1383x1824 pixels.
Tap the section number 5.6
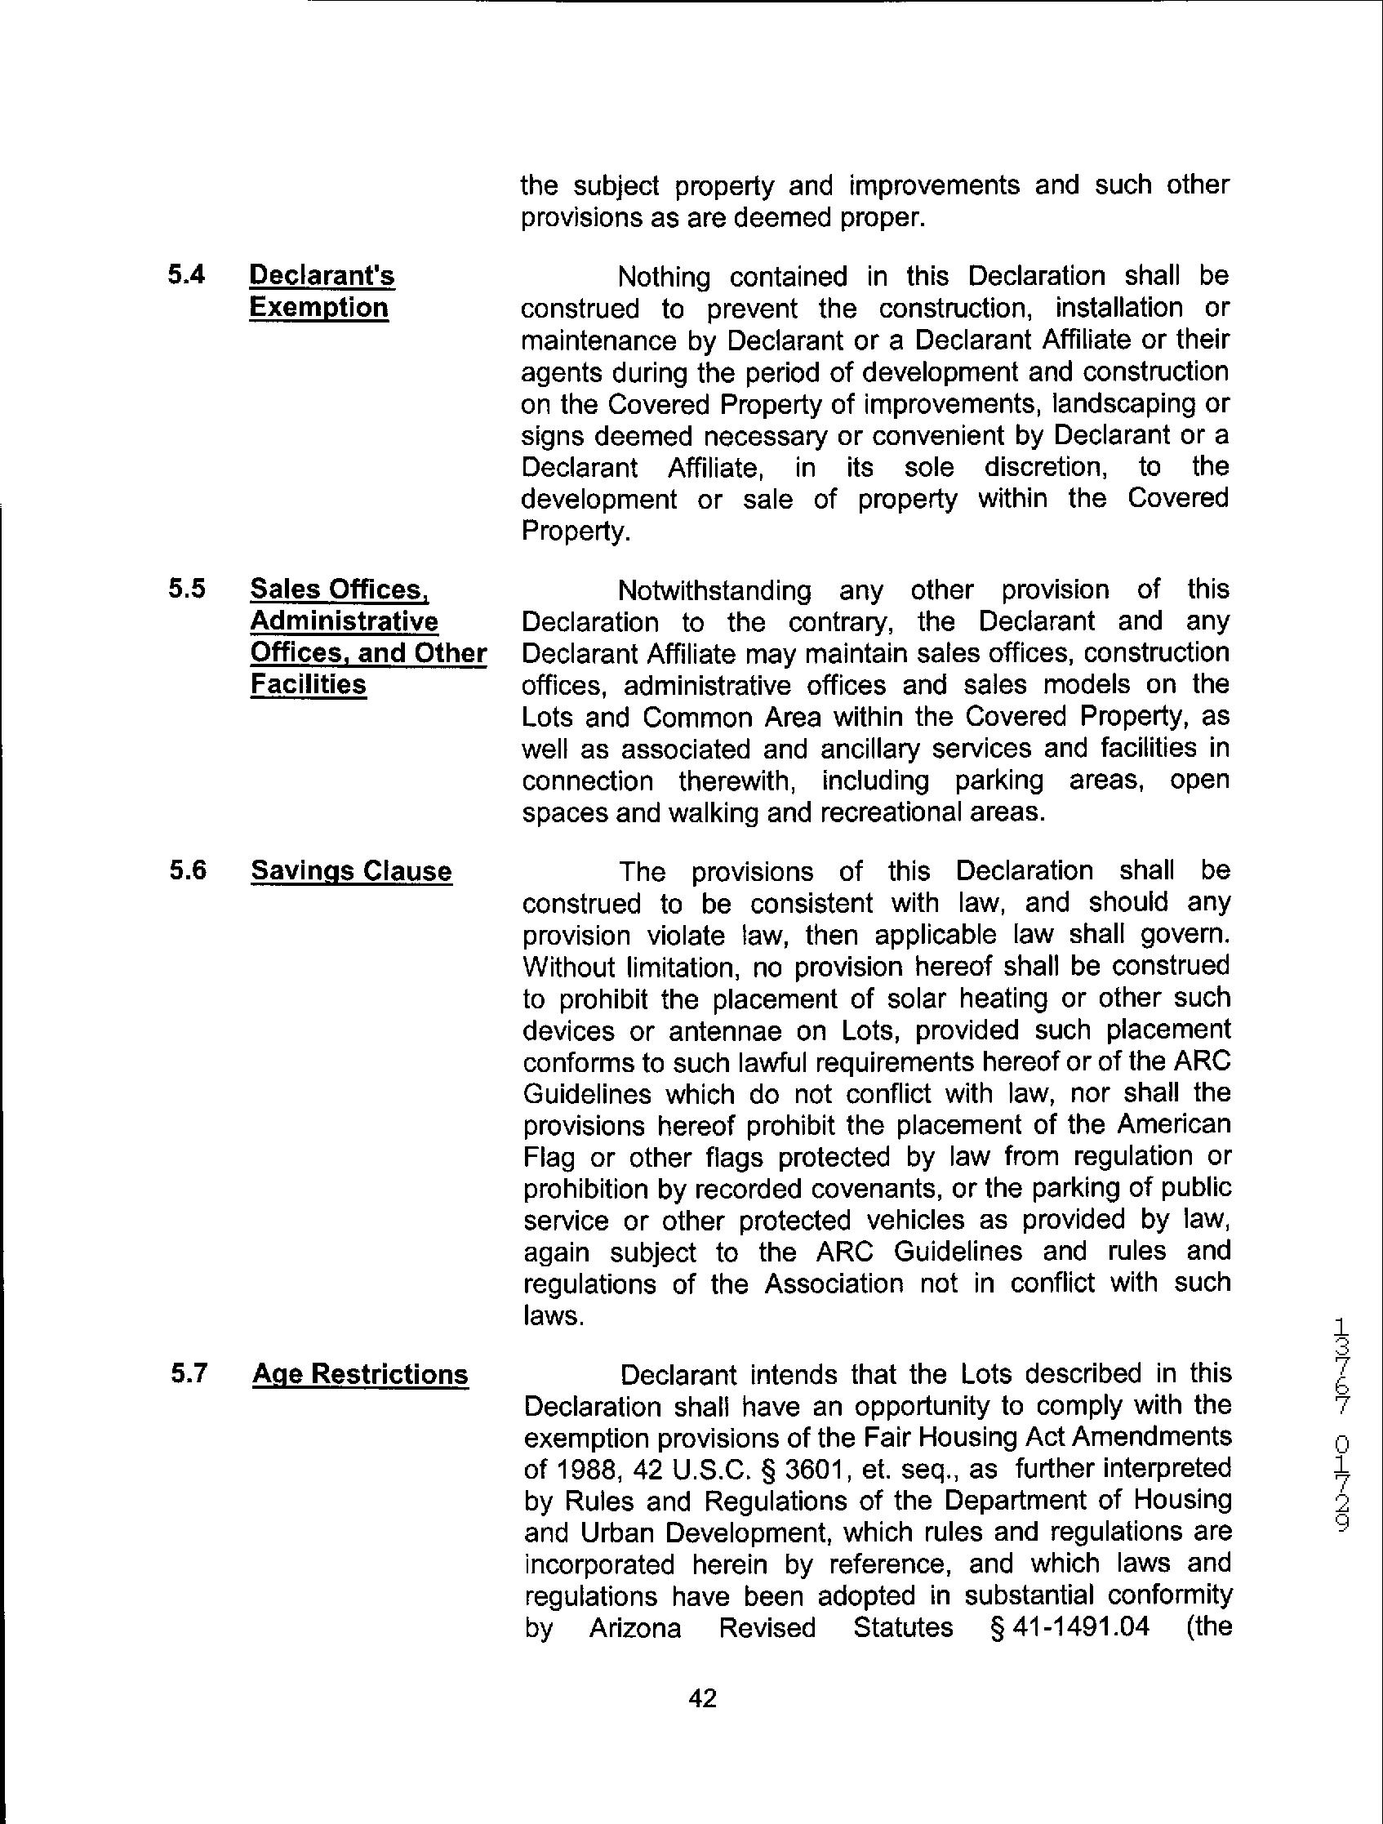[x=186, y=871]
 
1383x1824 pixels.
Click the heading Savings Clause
[x=351, y=871]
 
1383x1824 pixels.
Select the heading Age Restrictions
[x=360, y=1375]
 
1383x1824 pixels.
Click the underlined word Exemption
[x=318, y=308]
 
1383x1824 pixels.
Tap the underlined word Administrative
[x=344, y=621]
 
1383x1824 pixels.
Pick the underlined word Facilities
[x=308, y=684]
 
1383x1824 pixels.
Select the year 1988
[x=590, y=1469]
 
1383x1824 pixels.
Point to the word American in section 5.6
[x=1163, y=1125]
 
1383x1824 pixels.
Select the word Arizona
[x=634, y=1629]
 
